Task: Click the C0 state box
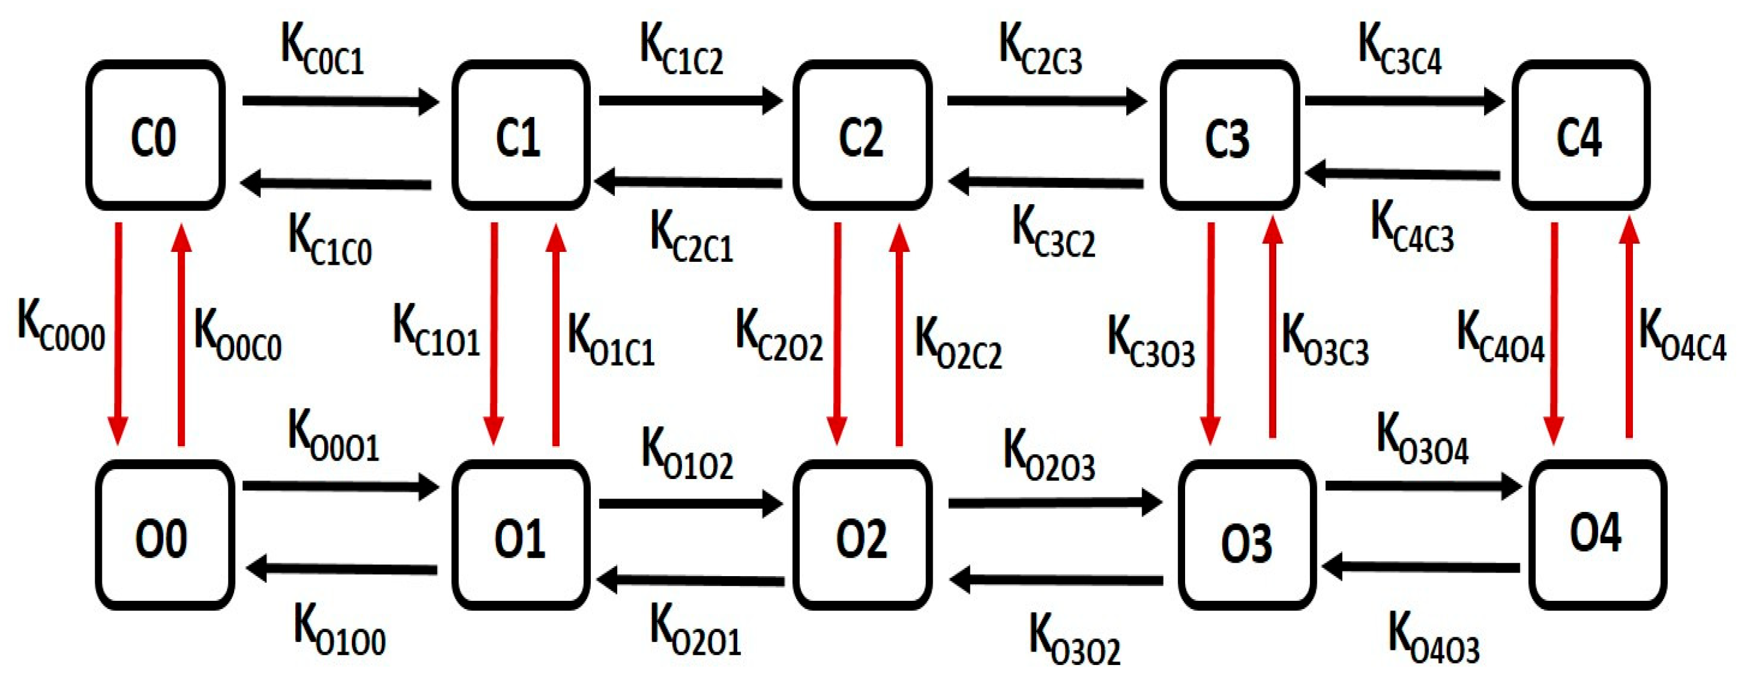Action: [x=155, y=135]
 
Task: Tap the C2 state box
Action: [x=863, y=135]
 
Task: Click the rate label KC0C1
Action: [x=322, y=50]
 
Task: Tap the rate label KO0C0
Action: [x=237, y=337]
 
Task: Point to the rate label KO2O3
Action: [x=1049, y=455]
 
